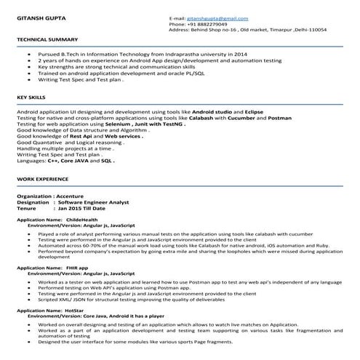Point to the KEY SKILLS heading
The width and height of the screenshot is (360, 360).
(31, 95)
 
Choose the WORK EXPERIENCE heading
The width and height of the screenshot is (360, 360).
(42, 178)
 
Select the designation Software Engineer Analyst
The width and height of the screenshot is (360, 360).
(97, 202)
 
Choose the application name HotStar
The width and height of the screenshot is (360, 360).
(75, 309)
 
